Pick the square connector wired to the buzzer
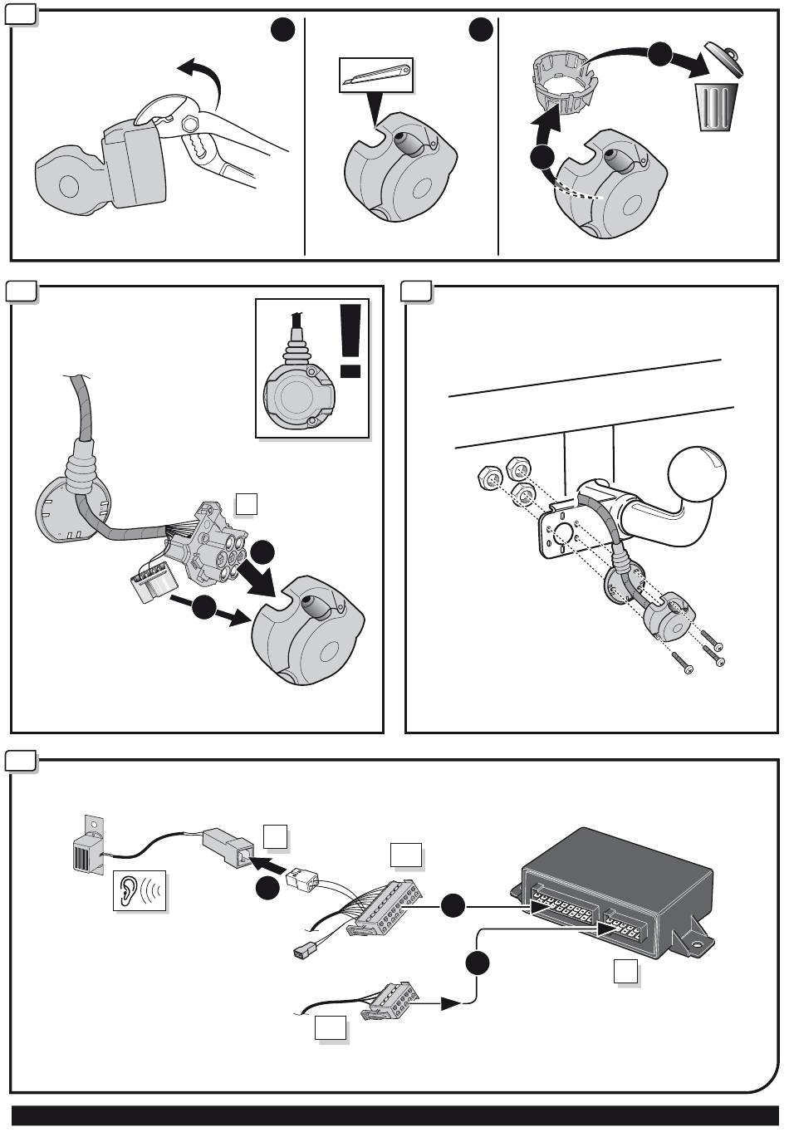[228, 847]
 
